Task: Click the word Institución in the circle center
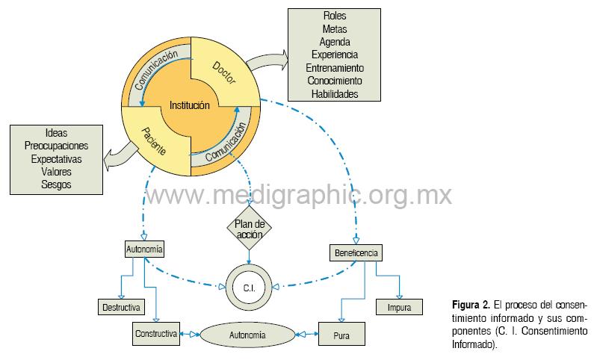(x=190, y=105)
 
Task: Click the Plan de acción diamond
(x=249, y=229)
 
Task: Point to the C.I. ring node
(x=249, y=287)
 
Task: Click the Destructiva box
(x=120, y=307)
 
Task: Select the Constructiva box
(x=156, y=332)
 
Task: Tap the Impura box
(x=398, y=307)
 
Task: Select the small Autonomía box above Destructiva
(x=143, y=248)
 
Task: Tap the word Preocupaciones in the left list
(x=57, y=146)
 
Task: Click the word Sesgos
(x=57, y=184)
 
